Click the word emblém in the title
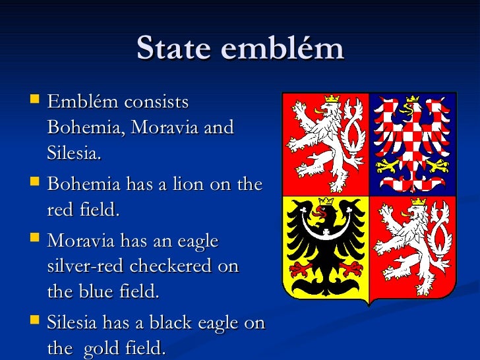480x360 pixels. [x=284, y=49]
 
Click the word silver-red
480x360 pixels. [x=86, y=266]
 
